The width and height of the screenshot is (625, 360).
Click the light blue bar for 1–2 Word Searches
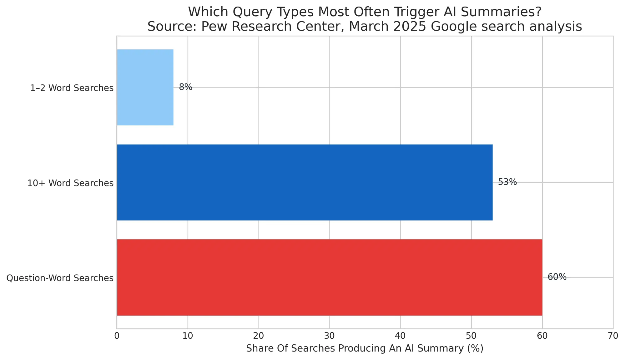pyautogui.click(x=145, y=87)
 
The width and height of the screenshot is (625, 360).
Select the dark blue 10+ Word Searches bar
pyautogui.click(x=305, y=182)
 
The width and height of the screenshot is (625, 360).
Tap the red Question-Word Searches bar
pyautogui.click(x=329, y=277)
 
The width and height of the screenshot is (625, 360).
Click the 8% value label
pyautogui.click(x=185, y=87)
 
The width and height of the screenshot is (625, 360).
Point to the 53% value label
pyautogui.click(x=507, y=182)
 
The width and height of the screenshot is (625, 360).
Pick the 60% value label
pyautogui.click(x=557, y=277)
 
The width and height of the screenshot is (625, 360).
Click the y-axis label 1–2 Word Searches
pyautogui.click(x=72, y=88)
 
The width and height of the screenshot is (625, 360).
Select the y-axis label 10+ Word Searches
pyautogui.click(x=70, y=183)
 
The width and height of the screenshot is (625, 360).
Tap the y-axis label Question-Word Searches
pyautogui.click(x=60, y=278)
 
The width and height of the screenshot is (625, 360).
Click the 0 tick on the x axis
pyautogui.click(x=117, y=336)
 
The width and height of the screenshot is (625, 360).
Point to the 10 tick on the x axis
pyautogui.click(x=188, y=336)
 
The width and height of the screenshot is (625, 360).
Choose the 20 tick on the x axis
pyautogui.click(x=259, y=336)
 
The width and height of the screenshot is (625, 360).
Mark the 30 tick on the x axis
pyautogui.click(x=330, y=336)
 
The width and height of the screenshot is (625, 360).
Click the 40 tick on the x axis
pyautogui.click(x=400, y=336)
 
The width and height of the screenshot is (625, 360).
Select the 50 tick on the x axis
pyautogui.click(x=471, y=336)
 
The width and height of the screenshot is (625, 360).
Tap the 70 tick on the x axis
pyautogui.click(x=613, y=336)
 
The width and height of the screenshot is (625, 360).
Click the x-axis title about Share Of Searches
pyautogui.click(x=365, y=348)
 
